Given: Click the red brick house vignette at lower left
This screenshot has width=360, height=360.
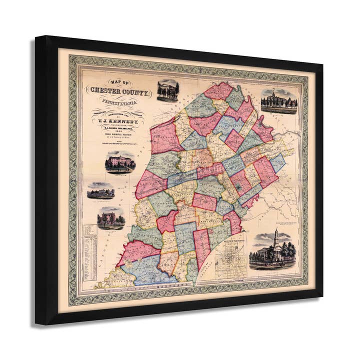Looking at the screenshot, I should [x=110, y=218].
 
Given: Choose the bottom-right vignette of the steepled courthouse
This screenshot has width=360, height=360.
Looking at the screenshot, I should [x=272, y=250].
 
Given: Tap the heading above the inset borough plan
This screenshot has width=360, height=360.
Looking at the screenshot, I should [x=230, y=243].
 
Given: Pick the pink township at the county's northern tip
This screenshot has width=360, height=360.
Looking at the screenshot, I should [x=218, y=91].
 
